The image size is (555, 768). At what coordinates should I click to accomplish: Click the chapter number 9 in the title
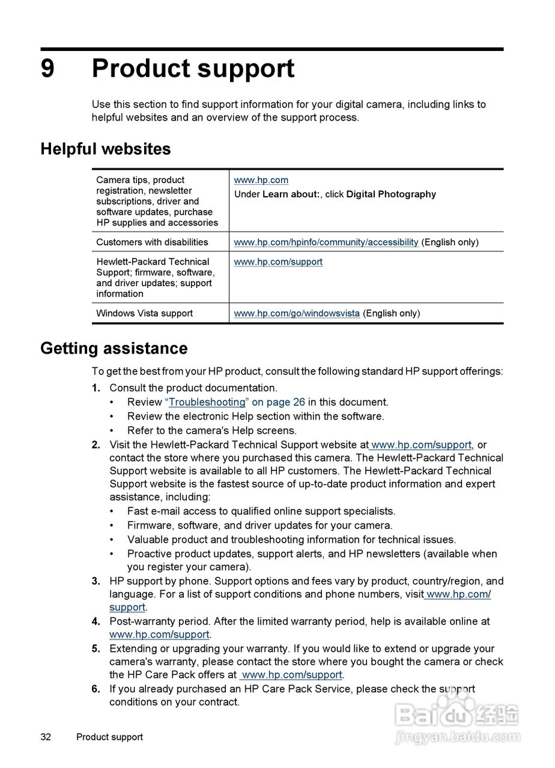47,69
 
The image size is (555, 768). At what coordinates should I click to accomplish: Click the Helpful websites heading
106,149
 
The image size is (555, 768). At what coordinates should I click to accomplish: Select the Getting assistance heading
114,349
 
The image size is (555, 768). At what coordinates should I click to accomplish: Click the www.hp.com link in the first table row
261,180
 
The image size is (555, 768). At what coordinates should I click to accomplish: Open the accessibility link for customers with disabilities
326,242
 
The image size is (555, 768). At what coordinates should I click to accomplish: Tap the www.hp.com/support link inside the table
278,262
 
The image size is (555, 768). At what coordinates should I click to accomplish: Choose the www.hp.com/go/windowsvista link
297,313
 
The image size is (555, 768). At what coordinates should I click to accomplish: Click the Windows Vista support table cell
144,313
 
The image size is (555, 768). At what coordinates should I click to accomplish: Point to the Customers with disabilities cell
152,242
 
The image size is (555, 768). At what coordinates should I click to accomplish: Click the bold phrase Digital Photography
391,194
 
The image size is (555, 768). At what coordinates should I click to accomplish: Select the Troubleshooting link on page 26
207,402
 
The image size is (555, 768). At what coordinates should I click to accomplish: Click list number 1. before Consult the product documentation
96,388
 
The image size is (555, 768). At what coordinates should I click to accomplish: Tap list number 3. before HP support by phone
96,581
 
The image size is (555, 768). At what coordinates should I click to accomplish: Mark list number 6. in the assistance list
96,689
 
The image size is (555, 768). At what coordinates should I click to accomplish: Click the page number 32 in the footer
46,737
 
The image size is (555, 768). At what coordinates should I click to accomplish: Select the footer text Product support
109,737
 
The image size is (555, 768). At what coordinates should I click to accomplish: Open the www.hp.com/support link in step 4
159,634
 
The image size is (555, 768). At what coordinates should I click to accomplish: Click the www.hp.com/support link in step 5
292,675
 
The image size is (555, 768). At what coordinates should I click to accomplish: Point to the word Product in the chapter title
141,69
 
